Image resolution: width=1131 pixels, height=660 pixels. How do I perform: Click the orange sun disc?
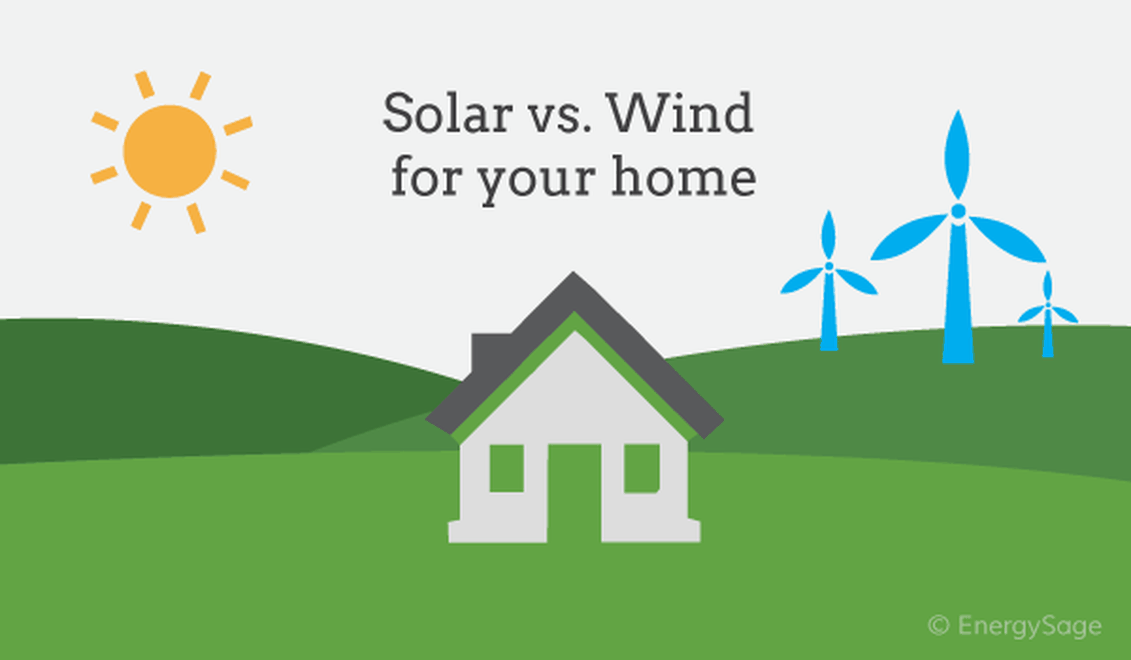pyautogui.click(x=170, y=152)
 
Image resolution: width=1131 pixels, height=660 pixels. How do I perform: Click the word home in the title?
pyautogui.click(x=684, y=176)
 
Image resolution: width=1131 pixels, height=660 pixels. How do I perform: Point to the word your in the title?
pyautogui.click(x=538, y=182)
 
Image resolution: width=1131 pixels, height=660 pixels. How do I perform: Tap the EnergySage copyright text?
pyautogui.click(x=1015, y=626)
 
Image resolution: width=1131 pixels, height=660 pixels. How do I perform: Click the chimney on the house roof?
pyautogui.click(x=490, y=353)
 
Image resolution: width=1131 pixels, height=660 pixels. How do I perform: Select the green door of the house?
pyautogui.click(x=575, y=492)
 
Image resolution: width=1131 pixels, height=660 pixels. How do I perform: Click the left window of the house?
pyautogui.click(x=506, y=468)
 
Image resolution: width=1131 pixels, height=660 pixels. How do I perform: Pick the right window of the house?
pyautogui.click(x=642, y=468)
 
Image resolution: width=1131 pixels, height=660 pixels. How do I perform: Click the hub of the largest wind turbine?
pyautogui.click(x=958, y=211)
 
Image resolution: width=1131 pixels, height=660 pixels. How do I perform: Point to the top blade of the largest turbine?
pyautogui.click(x=957, y=154)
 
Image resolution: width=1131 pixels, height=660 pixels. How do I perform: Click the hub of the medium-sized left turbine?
pyautogui.click(x=829, y=267)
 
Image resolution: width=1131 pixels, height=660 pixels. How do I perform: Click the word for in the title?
pyautogui.click(x=427, y=176)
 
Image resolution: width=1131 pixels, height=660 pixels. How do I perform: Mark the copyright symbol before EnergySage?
pyautogui.click(x=938, y=626)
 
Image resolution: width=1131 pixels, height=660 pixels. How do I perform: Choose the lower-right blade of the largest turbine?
pyautogui.click(x=1007, y=239)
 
